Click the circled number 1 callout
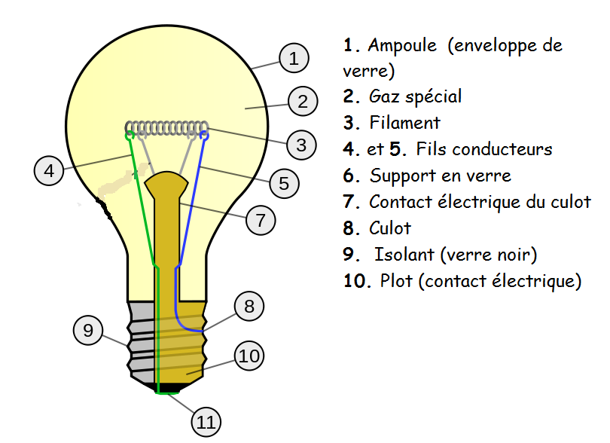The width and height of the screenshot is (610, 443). [x=294, y=58]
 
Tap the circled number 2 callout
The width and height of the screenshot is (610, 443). [x=303, y=101]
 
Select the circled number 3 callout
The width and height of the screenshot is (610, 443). [x=301, y=145]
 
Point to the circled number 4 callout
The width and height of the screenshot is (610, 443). [x=49, y=170]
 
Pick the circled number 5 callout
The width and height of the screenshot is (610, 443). [x=284, y=183]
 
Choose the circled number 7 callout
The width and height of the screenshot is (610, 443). [x=261, y=220]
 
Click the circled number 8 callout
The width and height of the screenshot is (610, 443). [x=249, y=306]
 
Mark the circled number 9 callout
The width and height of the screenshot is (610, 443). [x=88, y=330]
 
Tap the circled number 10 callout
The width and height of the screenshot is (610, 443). [x=249, y=356]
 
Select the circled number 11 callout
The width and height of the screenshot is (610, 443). [x=206, y=422]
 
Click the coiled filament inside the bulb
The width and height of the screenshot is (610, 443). [x=166, y=128]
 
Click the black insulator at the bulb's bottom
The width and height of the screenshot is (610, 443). [x=168, y=387]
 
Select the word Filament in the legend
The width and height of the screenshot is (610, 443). [x=404, y=123]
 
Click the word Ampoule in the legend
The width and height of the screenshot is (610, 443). [x=402, y=45]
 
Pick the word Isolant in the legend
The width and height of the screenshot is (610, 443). [x=404, y=254]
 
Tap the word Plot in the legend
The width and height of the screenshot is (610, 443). [x=396, y=280]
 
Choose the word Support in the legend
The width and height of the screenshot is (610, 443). [x=403, y=176]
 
